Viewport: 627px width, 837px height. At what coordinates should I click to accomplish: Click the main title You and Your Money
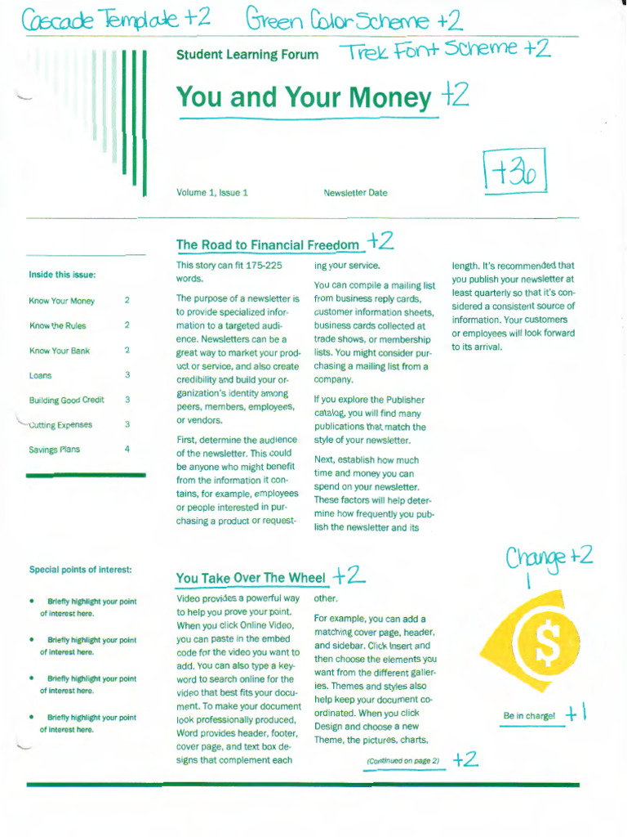(x=303, y=97)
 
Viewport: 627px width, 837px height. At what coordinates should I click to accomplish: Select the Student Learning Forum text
(x=247, y=55)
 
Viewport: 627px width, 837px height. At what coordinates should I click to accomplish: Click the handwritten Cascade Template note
(x=105, y=19)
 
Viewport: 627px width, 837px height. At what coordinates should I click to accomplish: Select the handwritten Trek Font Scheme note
(x=445, y=51)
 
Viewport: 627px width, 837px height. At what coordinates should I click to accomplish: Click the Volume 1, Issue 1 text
(x=211, y=193)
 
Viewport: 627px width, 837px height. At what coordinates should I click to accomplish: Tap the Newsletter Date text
(x=355, y=193)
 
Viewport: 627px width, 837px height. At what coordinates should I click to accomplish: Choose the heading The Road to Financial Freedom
(x=267, y=244)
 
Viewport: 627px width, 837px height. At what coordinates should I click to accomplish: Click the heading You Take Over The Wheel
(x=250, y=578)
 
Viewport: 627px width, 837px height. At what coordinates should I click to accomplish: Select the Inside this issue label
(x=62, y=275)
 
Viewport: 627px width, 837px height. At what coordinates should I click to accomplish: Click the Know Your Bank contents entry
(x=59, y=351)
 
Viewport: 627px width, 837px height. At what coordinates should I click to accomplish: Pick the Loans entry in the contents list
(x=40, y=375)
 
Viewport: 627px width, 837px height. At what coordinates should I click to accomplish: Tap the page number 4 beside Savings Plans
(x=127, y=449)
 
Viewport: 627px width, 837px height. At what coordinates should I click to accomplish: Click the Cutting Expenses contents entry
(x=60, y=424)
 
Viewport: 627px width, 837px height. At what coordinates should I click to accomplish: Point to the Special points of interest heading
(x=80, y=569)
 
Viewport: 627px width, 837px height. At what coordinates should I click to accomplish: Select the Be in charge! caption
(x=528, y=716)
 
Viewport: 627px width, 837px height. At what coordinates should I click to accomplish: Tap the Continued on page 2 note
(x=402, y=761)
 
